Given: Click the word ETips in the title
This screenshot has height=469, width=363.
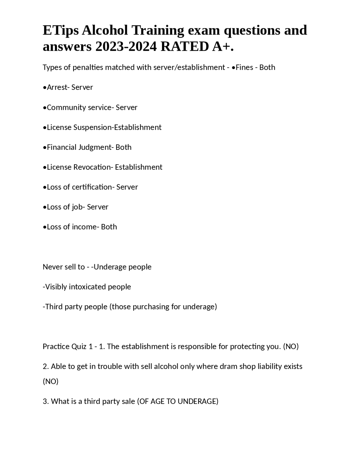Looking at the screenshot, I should click(60, 31).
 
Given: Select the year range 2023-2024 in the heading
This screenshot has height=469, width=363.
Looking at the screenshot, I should click(126, 47).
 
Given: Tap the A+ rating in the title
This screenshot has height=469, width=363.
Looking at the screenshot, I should click(223, 47).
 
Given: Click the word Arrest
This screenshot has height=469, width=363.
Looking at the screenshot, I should click(57, 87).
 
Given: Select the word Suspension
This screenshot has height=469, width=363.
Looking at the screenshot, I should click(93, 127).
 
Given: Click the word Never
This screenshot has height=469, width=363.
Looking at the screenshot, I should click(52, 267).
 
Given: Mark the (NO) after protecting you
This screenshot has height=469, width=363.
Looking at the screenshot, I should click(291, 347).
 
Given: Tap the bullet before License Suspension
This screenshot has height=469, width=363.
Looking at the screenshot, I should click(45, 128).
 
